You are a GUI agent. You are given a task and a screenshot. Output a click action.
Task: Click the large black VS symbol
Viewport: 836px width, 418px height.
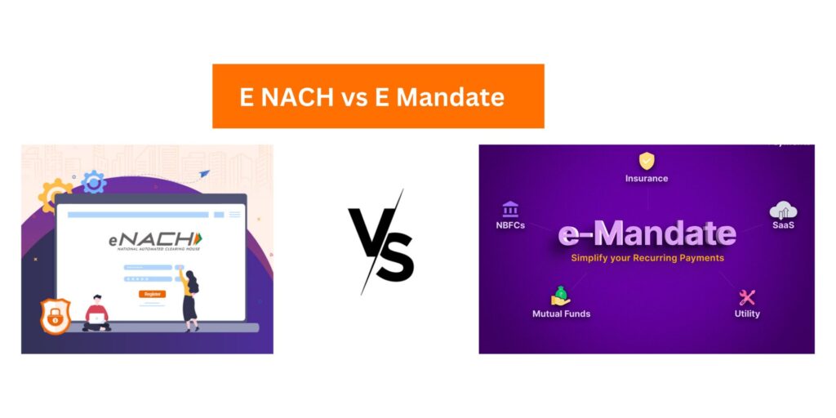tap(381, 242)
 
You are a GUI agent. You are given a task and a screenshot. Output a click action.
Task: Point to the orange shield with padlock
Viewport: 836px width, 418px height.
tap(56, 317)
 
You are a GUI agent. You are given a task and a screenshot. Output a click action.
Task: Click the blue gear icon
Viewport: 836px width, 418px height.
tap(94, 182)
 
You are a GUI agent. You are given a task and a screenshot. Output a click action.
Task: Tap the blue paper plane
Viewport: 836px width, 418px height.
tap(203, 174)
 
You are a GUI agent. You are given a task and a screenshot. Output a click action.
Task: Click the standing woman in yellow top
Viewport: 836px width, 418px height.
tap(190, 298)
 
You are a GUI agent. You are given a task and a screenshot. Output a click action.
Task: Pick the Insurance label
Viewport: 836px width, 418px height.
tap(647, 178)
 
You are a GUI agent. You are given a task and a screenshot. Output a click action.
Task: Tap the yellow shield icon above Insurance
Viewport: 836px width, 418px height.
tap(647, 161)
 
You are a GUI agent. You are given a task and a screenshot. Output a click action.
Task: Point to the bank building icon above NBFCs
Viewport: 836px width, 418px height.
tap(511, 209)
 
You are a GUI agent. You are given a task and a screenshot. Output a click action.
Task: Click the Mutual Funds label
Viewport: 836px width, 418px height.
tap(561, 313)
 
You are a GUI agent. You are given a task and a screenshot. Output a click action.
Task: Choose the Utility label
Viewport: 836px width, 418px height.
tap(746, 313)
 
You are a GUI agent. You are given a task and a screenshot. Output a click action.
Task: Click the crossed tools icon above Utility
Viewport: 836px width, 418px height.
tap(746, 297)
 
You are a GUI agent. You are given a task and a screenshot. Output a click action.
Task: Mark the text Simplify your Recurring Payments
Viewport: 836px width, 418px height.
tap(647, 258)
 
